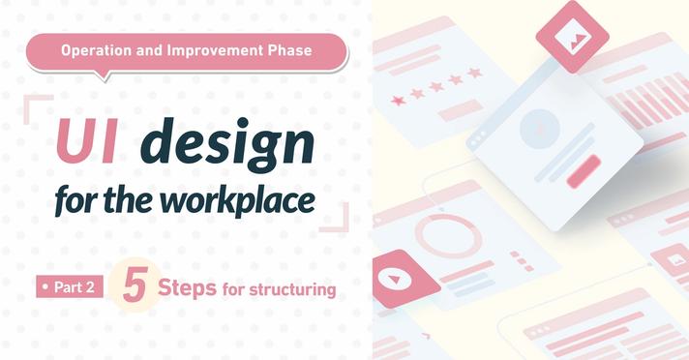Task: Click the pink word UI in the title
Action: pos(87,141)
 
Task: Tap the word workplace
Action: pos(237,200)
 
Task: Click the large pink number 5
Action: pos(135,285)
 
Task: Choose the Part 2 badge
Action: pos(70,286)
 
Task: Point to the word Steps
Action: pos(187,287)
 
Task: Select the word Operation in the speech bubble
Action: pos(96,50)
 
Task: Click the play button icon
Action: pos(394,279)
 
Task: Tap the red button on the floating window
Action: pos(584,171)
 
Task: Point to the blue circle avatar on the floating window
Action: pos(540,129)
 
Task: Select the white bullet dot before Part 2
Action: pos(45,287)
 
